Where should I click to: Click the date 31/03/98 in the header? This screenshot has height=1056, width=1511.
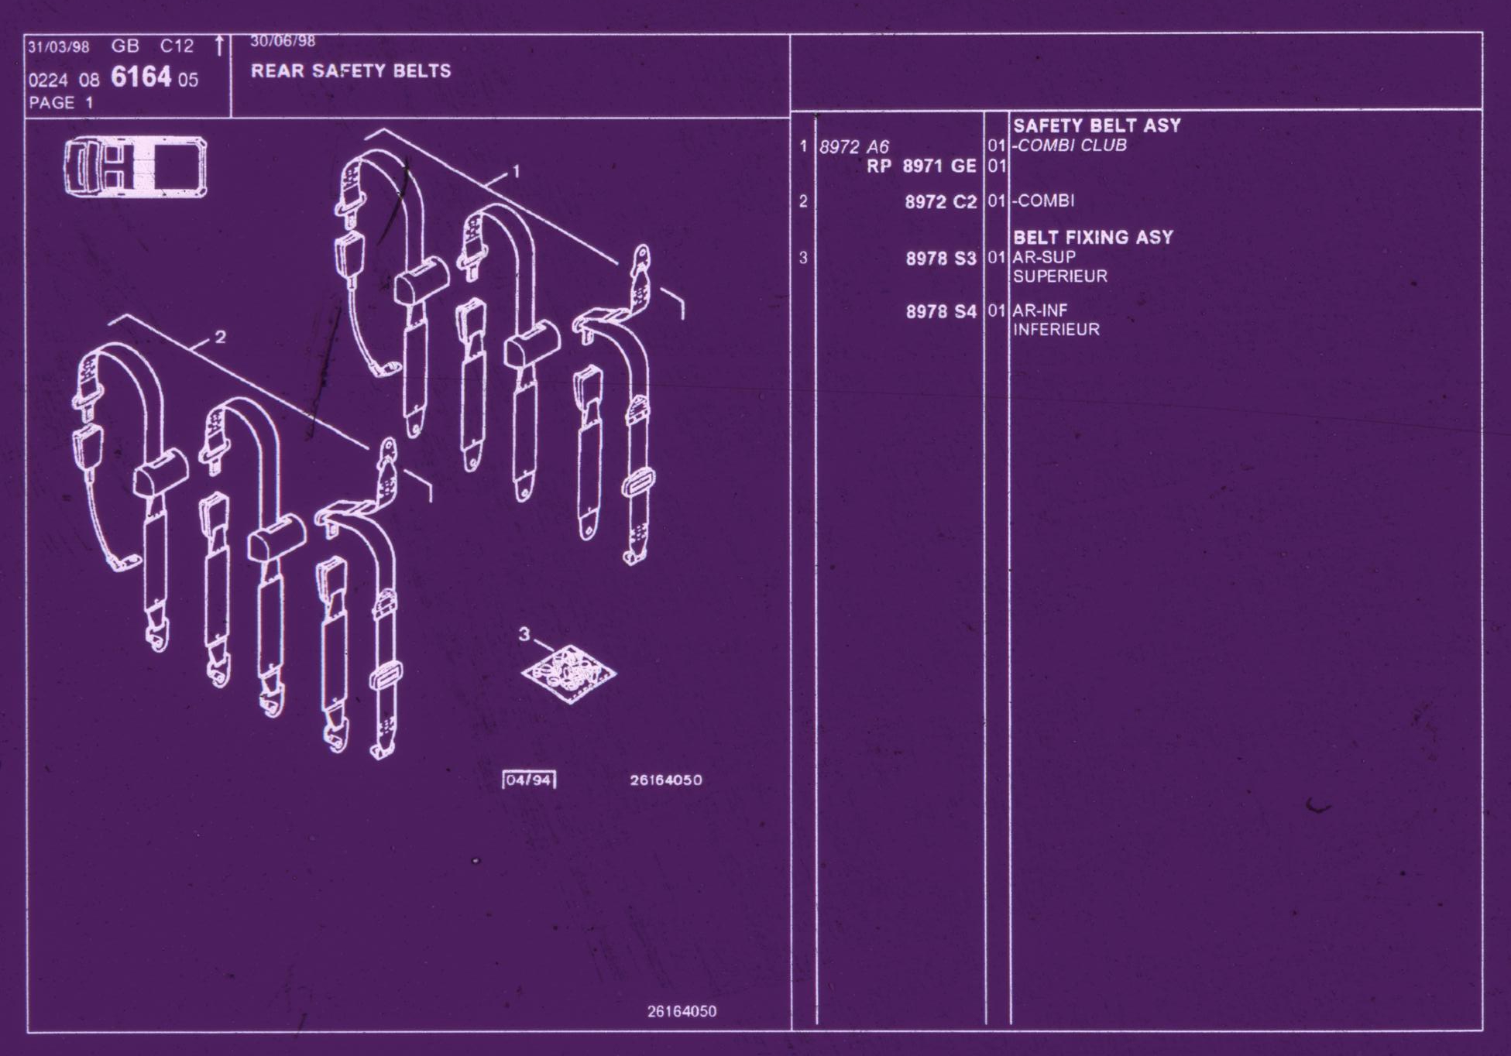[x=59, y=46]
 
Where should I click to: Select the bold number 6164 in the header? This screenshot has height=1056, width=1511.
[x=141, y=77]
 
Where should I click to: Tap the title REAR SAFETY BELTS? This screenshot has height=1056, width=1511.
[x=351, y=71]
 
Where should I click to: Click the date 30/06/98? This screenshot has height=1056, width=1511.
[x=283, y=41]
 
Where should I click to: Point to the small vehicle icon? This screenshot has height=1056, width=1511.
[x=136, y=166]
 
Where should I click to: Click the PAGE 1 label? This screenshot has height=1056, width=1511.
[x=61, y=102]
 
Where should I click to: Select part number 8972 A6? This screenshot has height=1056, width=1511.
[x=854, y=147]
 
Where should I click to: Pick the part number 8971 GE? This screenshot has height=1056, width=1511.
[x=939, y=166]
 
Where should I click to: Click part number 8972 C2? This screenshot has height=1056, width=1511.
[x=941, y=202]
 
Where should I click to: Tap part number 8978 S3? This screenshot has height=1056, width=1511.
[x=942, y=259]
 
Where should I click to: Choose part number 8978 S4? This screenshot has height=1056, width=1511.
[x=942, y=311]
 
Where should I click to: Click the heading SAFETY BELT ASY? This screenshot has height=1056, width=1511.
[x=1097, y=125]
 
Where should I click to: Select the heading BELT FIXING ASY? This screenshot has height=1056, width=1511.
[x=1093, y=237]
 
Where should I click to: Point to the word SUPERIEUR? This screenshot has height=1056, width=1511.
[x=1060, y=276]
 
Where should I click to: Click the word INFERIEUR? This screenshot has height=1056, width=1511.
[x=1056, y=330]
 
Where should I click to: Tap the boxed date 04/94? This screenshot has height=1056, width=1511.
[x=530, y=780]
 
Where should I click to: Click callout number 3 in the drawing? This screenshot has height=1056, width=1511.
[x=524, y=634]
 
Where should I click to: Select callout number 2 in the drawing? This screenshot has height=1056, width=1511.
[x=221, y=337]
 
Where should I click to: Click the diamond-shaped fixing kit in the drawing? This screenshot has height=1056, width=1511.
[x=569, y=674]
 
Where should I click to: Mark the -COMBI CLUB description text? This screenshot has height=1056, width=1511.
[x=1069, y=146]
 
